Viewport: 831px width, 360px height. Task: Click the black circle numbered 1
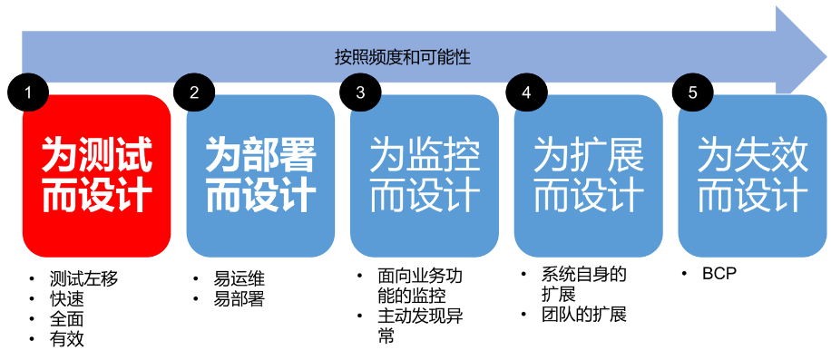click(28, 92)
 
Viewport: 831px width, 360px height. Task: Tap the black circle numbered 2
click(194, 92)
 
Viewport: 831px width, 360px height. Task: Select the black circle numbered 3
click(360, 92)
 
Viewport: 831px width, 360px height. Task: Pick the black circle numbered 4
click(526, 92)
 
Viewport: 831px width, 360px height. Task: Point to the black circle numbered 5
click(693, 92)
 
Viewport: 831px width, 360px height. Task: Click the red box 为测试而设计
click(96, 176)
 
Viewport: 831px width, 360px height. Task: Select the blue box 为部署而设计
click(260, 176)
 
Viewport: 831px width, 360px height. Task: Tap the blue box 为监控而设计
click(425, 176)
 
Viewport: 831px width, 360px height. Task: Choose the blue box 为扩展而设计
click(588, 176)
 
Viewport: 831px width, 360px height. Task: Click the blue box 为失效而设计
click(753, 176)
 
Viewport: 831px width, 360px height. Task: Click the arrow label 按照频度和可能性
click(403, 57)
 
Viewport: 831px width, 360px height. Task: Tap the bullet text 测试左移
click(83, 278)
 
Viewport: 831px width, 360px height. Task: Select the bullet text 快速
click(67, 298)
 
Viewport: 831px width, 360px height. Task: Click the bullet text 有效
click(67, 339)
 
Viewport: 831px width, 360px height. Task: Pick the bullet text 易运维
click(239, 278)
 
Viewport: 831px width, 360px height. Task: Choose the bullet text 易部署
click(239, 298)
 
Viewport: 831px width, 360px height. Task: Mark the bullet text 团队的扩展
click(584, 315)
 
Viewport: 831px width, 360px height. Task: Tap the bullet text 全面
click(67, 318)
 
